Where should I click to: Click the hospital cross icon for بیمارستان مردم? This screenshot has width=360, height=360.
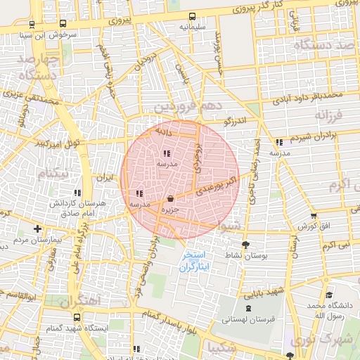37,229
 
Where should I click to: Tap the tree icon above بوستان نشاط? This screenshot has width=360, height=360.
245,245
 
